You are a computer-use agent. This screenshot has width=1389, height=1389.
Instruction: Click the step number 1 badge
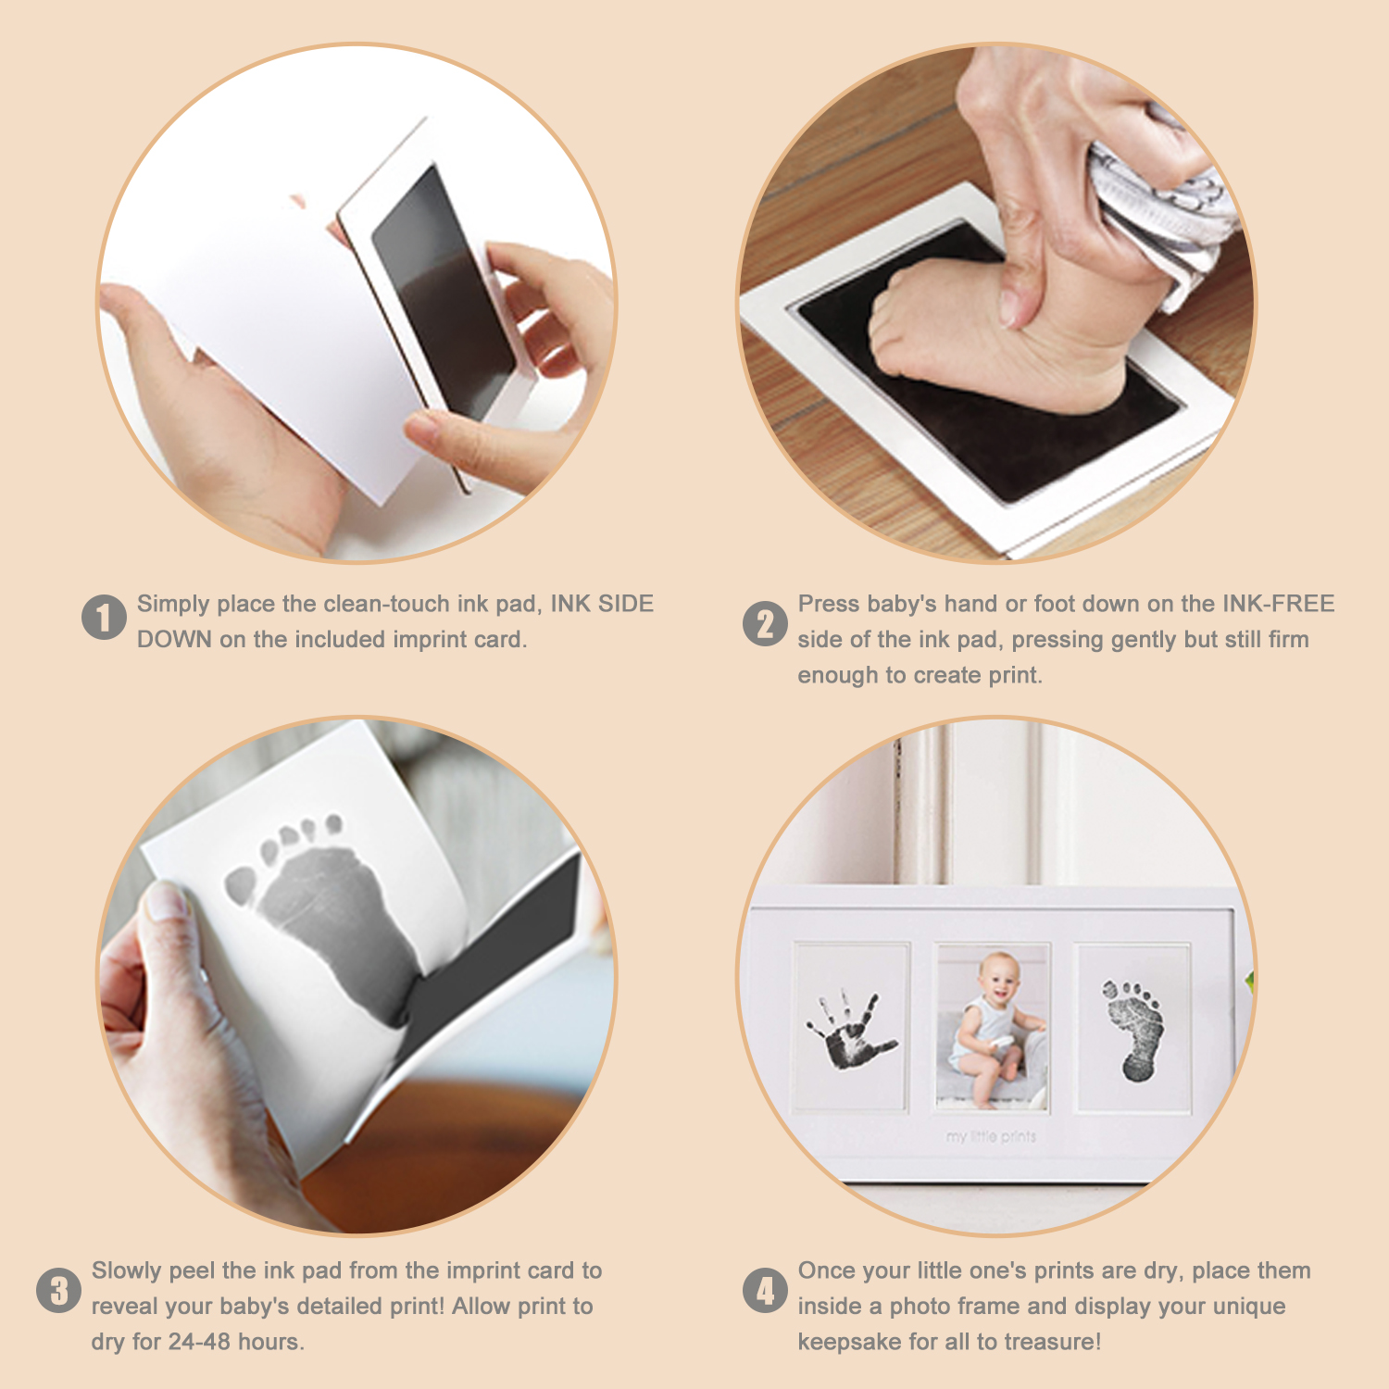click(104, 618)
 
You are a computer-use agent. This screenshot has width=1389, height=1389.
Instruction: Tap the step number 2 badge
click(765, 623)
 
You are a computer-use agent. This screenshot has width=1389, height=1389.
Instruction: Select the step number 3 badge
click(58, 1290)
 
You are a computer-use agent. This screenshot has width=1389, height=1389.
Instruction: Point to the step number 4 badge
click(765, 1290)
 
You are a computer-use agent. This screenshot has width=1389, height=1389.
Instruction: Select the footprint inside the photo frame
click(1132, 1028)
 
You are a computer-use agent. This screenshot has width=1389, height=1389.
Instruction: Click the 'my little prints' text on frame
click(991, 1136)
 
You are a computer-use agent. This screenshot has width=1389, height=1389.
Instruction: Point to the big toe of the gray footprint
click(241, 885)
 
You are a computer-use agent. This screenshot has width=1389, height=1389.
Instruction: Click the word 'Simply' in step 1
click(173, 605)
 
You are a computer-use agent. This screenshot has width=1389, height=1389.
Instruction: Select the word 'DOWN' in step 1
click(174, 640)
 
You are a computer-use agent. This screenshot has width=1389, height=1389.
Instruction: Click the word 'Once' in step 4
click(826, 1270)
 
